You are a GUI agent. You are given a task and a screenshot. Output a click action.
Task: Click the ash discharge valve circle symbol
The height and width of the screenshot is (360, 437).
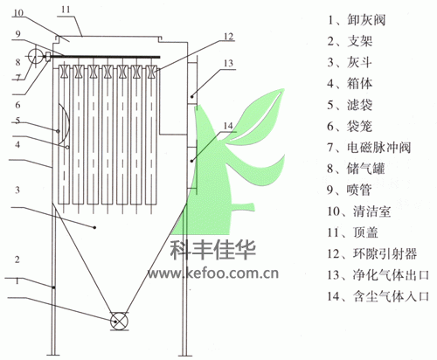click(x=119, y=322)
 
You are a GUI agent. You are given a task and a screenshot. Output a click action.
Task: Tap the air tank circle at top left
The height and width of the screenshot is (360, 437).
click(x=35, y=56)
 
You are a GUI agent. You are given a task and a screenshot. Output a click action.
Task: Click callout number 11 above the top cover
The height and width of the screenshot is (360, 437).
click(x=66, y=10)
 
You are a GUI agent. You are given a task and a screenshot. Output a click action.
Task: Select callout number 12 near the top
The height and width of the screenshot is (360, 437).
click(x=229, y=37)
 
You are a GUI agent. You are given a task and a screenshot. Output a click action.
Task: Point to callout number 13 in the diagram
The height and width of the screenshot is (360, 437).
click(x=229, y=63)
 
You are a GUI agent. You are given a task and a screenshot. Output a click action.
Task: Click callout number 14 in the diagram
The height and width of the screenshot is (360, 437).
click(x=228, y=126)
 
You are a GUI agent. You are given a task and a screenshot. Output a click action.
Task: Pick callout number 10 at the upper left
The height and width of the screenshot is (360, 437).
click(x=18, y=13)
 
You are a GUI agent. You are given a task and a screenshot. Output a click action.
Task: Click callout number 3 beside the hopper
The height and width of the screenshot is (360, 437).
click(x=17, y=190)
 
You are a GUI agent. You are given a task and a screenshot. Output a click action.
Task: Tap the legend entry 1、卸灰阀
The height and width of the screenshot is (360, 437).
click(x=357, y=20)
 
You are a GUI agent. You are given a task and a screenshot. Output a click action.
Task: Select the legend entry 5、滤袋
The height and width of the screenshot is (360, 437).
click(x=350, y=105)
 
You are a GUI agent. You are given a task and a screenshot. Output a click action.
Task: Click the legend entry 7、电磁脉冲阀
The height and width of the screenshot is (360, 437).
click(x=369, y=148)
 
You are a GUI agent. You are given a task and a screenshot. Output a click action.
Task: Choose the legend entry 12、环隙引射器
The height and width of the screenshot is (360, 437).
click(x=372, y=253)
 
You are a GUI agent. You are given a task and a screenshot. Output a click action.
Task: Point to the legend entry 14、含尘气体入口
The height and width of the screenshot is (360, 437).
click(x=378, y=296)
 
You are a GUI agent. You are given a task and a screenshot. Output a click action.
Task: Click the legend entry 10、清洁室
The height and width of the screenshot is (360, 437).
click(x=359, y=211)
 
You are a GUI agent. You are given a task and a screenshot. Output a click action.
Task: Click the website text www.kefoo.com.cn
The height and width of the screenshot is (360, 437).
click(x=213, y=273)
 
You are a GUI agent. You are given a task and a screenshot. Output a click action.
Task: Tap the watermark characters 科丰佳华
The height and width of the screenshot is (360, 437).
click(x=213, y=250)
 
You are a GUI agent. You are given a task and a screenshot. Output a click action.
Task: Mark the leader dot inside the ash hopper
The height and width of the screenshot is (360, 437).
click(x=94, y=227)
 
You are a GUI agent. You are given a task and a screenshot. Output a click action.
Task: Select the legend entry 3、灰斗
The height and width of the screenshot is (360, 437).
click(x=350, y=62)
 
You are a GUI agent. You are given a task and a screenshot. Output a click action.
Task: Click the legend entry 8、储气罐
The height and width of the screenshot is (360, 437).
click(x=356, y=169)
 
